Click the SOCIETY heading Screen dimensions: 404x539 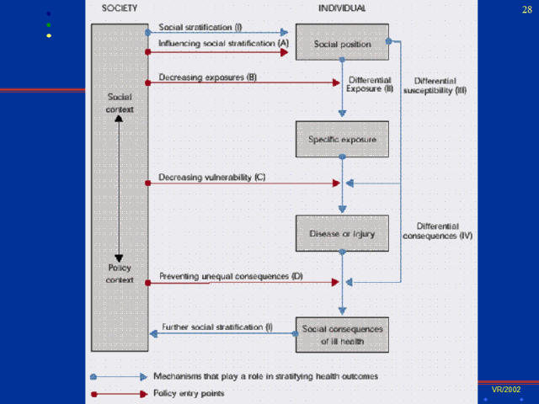pos(119,8)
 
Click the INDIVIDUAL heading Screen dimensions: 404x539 pos(341,8)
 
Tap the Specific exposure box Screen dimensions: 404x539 pos(341,138)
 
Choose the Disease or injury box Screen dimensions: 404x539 pos(341,233)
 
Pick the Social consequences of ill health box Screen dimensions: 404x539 pos(341,334)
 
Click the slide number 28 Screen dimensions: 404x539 pos(527,8)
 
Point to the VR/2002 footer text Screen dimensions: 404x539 pos(506,390)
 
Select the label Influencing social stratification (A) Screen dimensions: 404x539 pos(223,42)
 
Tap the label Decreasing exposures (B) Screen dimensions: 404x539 pos(208,77)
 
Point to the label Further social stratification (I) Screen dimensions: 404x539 pos(216,327)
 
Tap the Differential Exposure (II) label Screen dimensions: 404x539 pos(371,84)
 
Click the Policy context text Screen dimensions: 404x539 pos(120,274)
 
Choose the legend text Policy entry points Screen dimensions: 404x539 pos(189,393)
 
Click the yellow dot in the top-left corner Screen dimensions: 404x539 pos(49,35)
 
